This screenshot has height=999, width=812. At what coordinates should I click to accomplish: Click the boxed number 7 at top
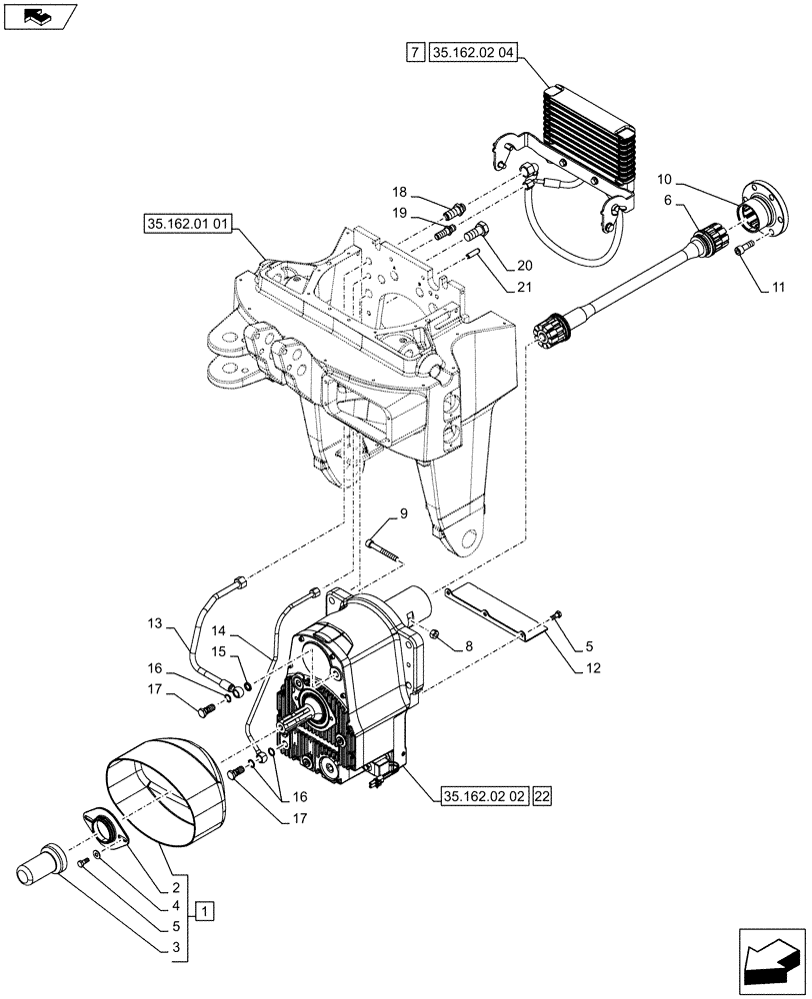[415, 51]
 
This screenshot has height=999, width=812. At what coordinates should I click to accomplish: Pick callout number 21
[526, 288]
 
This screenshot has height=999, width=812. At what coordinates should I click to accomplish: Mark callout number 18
[399, 191]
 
